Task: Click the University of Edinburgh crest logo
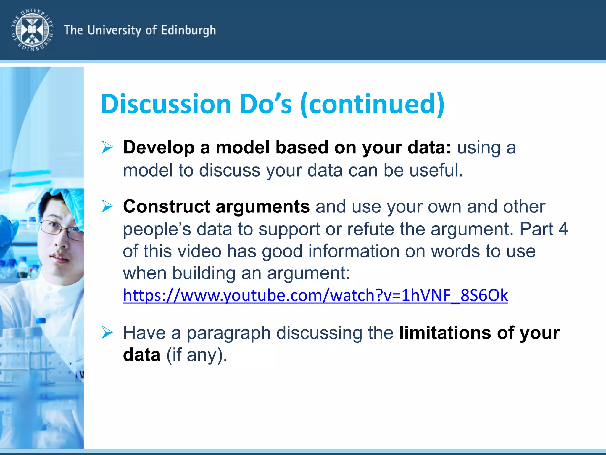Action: click(x=32, y=30)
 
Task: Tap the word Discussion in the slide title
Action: click(x=166, y=104)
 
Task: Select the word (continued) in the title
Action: click(x=372, y=104)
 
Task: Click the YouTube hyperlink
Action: click(x=315, y=295)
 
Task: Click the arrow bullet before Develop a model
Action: click(x=107, y=147)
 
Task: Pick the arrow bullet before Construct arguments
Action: click(x=107, y=206)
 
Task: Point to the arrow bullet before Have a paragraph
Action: click(x=107, y=332)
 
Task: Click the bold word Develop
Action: click(x=159, y=147)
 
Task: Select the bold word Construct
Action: click(x=167, y=206)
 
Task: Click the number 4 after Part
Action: click(x=563, y=229)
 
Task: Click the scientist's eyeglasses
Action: click(x=62, y=230)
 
